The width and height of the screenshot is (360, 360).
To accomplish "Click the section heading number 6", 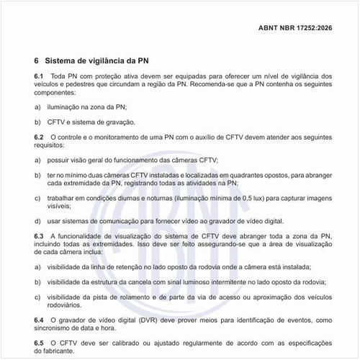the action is [x=37, y=60].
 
